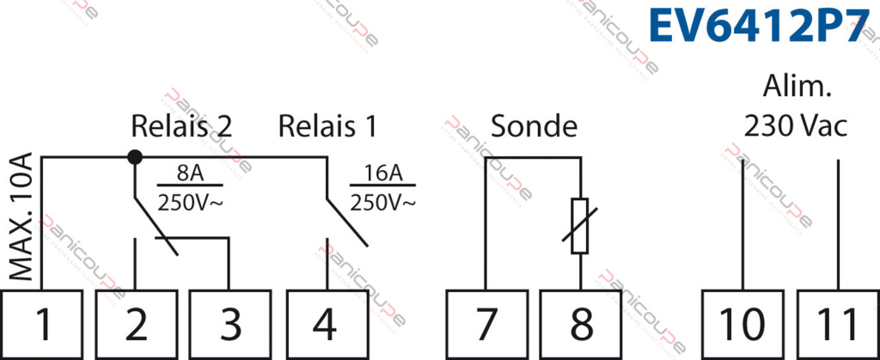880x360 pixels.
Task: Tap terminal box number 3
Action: pyautogui.click(x=230, y=324)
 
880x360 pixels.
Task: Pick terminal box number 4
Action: pyautogui.click(x=325, y=324)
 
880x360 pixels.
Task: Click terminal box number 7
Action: pyautogui.click(x=486, y=324)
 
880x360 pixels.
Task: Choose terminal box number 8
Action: pyautogui.click(x=581, y=324)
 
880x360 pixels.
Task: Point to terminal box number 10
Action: pyautogui.click(x=742, y=324)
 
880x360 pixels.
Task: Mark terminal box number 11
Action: pyautogui.click(x=836, y=324)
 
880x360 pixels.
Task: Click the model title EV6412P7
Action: pyautogui.click(x=761, y=27)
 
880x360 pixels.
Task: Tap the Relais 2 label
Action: pyautogui.click(x=181, y=126)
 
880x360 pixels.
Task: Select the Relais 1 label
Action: pyautogui.click(x=327, y=126)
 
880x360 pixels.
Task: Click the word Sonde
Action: pyautogui.click(x=534, y=126)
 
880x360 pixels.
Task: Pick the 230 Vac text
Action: pyautogui.click(x=796, y=126)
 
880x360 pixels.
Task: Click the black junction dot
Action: pyautogui.click(x=135, y=157)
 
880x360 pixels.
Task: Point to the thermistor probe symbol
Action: pyautogui.click(x=581, y=226)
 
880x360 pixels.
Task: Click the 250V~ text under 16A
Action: pyautogui.click(x=383, y=203)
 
